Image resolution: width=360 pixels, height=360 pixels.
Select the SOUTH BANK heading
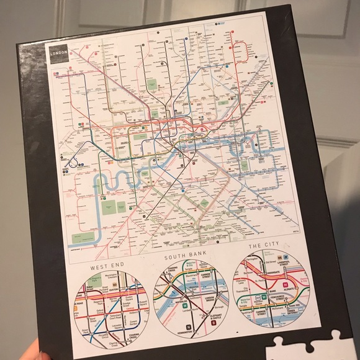[184, 256]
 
